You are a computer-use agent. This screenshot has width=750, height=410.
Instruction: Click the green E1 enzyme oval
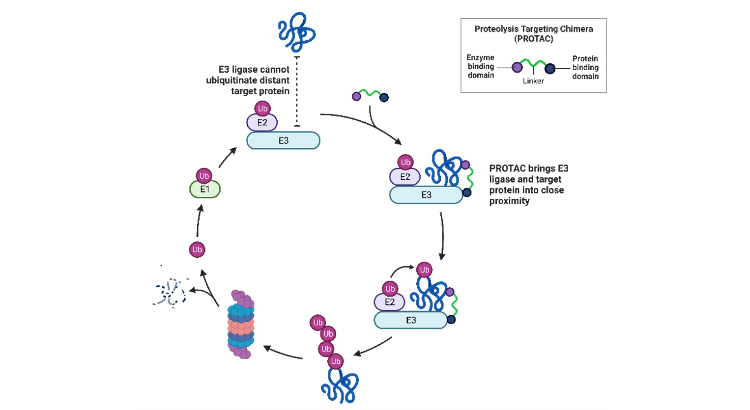[x=205, y=190]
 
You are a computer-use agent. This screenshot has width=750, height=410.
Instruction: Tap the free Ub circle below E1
[x=197, y=249]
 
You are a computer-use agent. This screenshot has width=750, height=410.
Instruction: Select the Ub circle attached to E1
[x=204, y=175]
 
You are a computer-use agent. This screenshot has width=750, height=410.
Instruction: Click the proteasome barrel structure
[x=241, y=324]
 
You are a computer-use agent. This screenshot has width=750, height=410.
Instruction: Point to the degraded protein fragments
[x=170, y=293]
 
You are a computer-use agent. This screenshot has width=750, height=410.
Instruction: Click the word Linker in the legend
[x=533, y=81]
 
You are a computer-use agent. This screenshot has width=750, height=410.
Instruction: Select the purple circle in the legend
[x=517, y=67]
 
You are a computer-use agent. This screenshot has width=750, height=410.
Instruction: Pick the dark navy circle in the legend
[x=550, y=69]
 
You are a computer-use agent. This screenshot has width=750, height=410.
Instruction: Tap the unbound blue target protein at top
[x=296, y=32]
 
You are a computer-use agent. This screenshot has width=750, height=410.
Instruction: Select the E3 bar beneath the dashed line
[x=283, y=140]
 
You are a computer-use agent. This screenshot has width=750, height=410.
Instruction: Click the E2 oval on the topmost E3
[x=262, y=122]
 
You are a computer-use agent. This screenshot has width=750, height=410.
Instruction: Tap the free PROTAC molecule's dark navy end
[x=384, y=98]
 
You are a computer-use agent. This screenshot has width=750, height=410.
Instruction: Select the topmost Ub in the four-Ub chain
[x=317, y=323]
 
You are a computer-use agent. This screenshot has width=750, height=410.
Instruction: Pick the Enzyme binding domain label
[x=481, y=66]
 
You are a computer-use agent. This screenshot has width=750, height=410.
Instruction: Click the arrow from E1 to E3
[x=228, y=157]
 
